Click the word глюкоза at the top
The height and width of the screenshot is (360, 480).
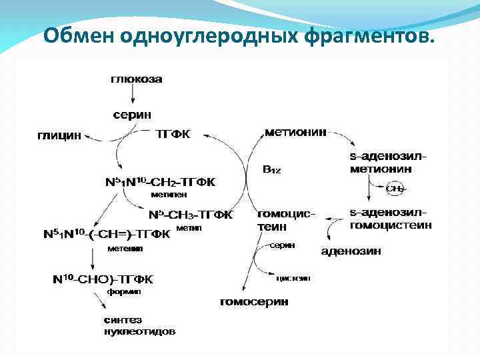pyautogui.click(x=136, y=79)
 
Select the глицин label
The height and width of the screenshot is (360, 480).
pyautogui.click(x=59, y=135)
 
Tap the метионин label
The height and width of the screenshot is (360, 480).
pyautogui.click(x=295, y=132)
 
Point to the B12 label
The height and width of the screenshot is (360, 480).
pyautogui.click(x=272, y=170)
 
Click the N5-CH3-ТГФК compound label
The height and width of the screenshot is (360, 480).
pyautogui.click(x=191, y=215)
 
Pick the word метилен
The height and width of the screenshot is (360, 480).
pyautogui.click(x=169, y=195)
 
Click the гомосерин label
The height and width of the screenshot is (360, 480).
pyautogui.click(x=254, y=302)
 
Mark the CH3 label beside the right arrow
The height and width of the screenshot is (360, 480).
pyautogui.click(x=395, y=189)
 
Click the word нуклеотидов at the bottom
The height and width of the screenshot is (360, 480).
pyautogui.click(x=139, y=331)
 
